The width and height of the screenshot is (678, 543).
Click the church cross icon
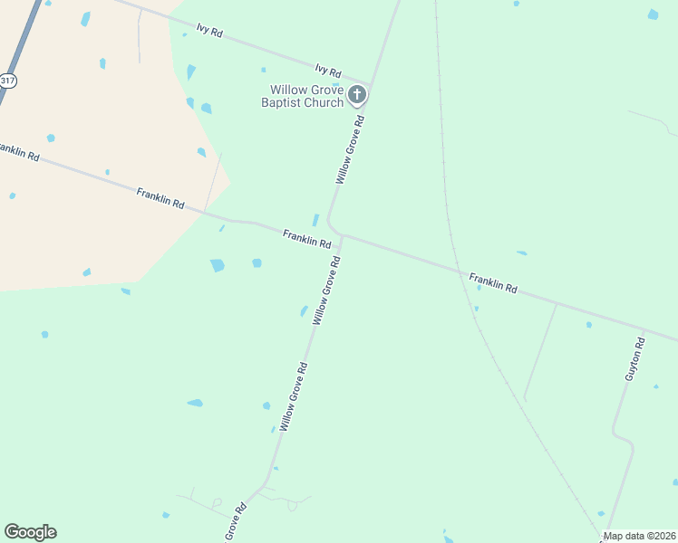coord(357,94)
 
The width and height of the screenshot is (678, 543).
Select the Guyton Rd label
coord(634,358)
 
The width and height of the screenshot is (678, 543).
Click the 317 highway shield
coord(7,81)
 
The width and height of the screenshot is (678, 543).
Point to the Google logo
coord(30,532)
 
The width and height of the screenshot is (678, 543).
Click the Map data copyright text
coord(639,536)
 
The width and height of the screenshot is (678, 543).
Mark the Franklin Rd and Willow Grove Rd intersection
coord(342,237)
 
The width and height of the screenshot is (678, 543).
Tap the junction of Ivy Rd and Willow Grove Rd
coord(372,84)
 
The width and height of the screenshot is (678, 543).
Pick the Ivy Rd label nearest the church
coord(327,71)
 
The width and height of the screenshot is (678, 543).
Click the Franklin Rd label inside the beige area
coord(160,198)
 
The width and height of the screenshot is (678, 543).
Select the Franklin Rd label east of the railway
coord(493,282)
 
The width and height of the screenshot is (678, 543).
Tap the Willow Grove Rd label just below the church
coord(350,149)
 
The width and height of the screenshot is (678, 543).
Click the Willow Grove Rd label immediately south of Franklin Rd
coord(326,291)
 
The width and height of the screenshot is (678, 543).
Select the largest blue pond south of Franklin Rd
coord(218,265)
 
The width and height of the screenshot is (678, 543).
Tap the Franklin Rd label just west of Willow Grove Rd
coord(306,238)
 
